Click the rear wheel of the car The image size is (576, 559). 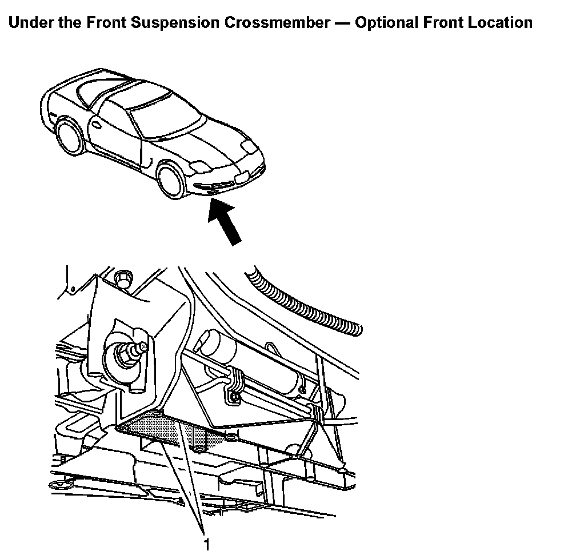tap(71, 136)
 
